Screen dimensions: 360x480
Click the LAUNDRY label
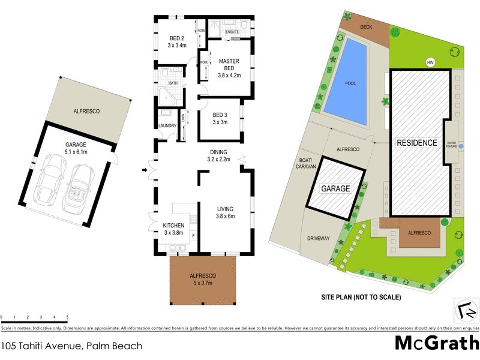click(167, 125)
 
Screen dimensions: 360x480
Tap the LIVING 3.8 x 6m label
click(226, 213)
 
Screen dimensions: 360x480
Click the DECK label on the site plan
click(367, 27)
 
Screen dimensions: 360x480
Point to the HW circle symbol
click(429, 62)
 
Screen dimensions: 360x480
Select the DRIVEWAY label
click(318, 238)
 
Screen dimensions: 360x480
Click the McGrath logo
click(436, 343)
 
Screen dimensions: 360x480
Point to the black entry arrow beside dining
click(144, 171)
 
